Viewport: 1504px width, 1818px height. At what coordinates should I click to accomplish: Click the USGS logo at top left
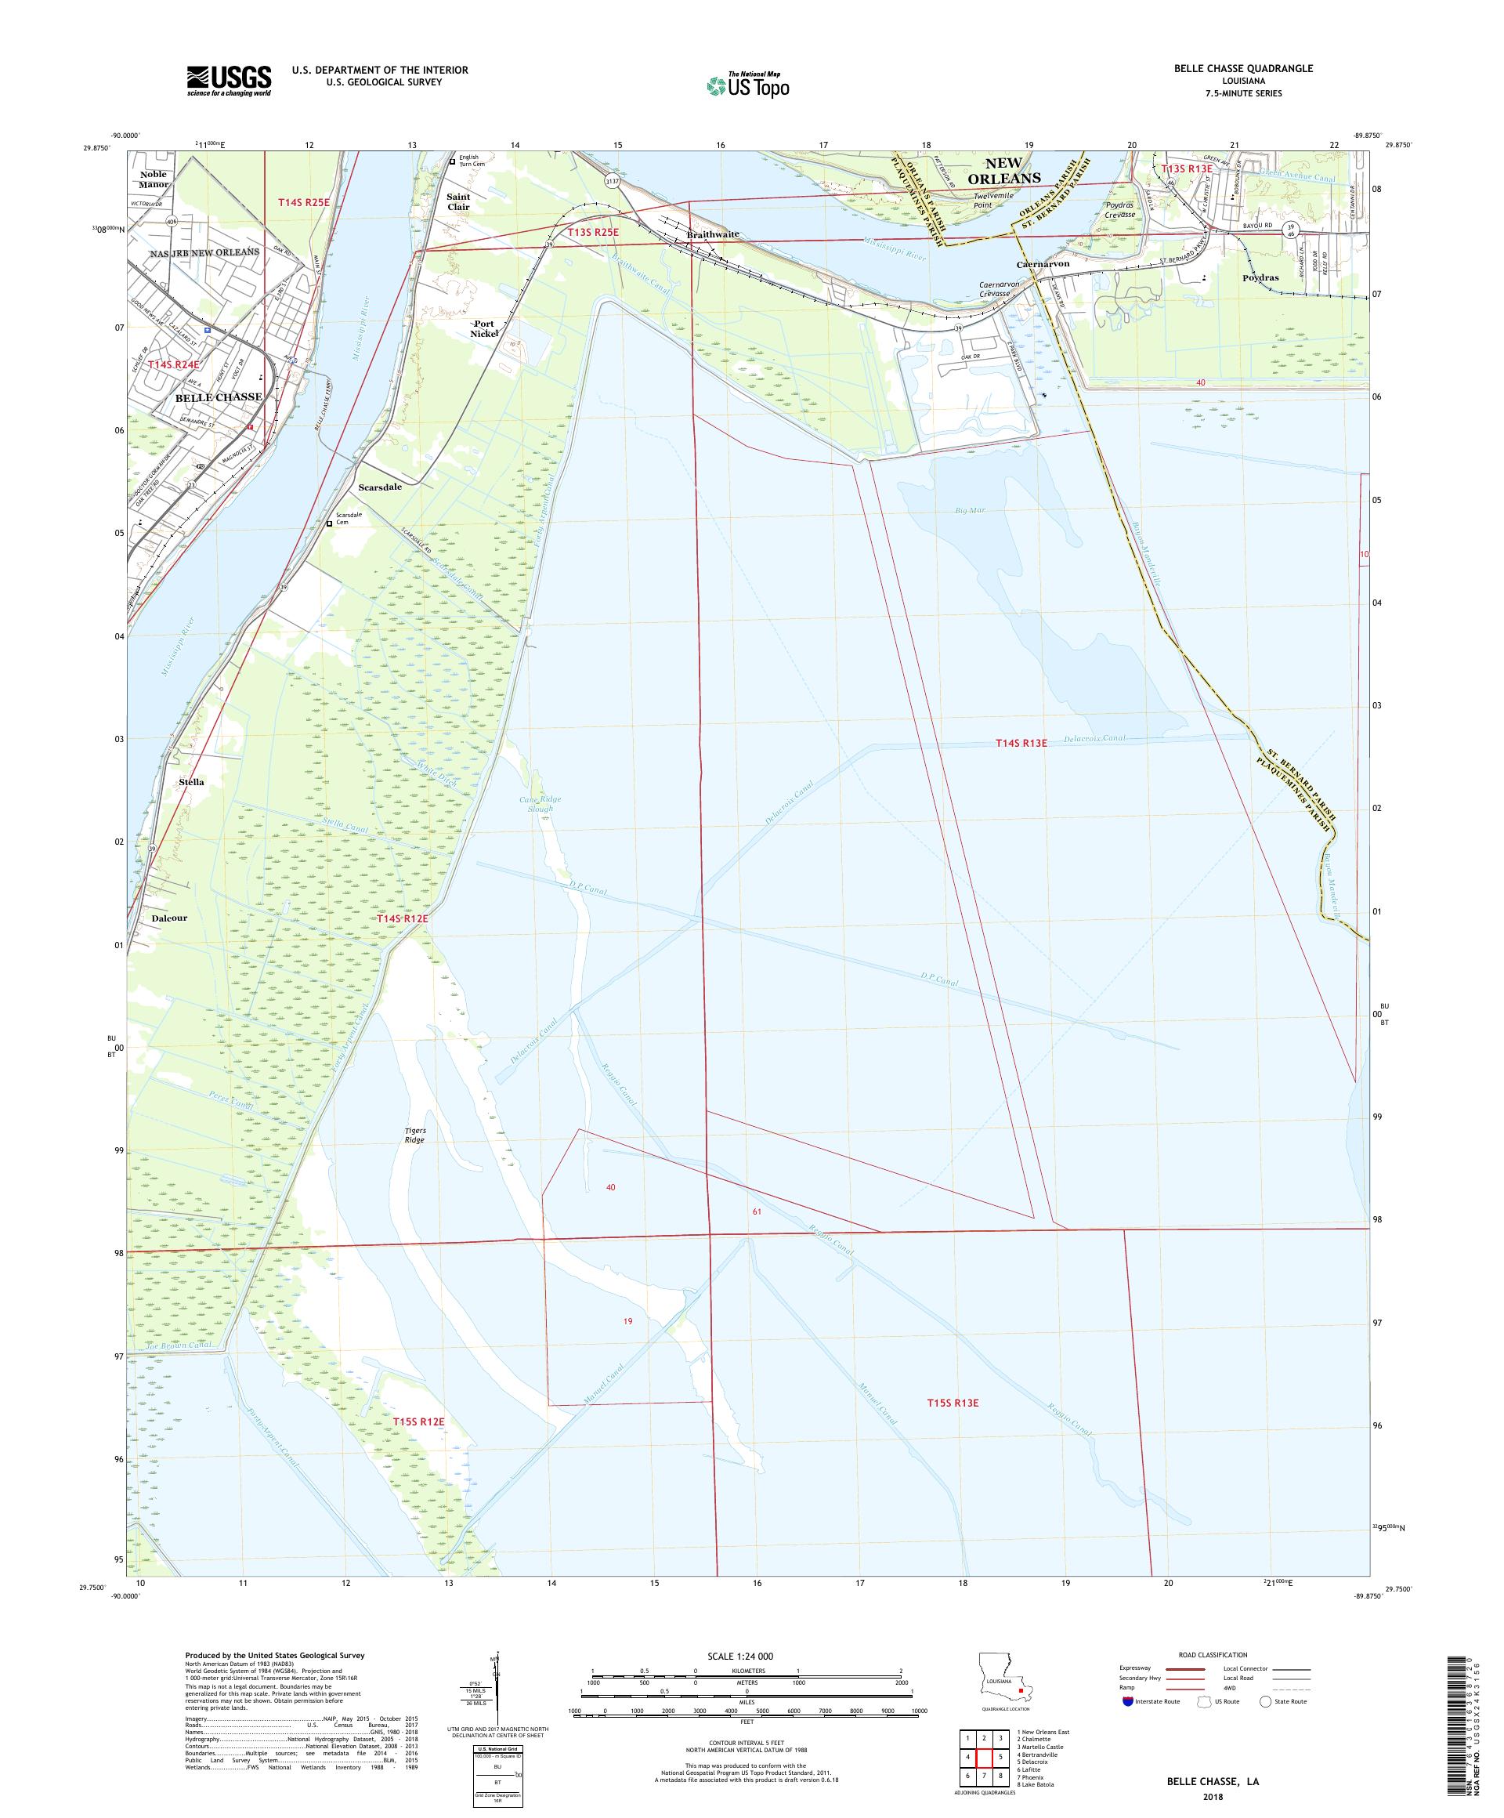pyautogui.click(x=229, y=81)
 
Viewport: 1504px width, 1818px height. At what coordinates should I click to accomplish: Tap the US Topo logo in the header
pyautogui.click(x=749, y=85)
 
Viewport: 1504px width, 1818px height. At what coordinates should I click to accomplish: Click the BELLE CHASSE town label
pyautogui.click(x=218, y=397)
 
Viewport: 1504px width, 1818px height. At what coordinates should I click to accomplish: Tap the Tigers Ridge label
pyautogui.click(x=414, y=1135)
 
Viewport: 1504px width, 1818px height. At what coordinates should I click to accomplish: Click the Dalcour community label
pyautogui.click(x=168, y=918)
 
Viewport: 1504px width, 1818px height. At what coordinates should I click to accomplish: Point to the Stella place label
pyautogui.click(x=191, y=783)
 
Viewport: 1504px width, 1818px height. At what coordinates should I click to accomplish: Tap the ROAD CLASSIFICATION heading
pyautogui.click(x=1215, y=1654)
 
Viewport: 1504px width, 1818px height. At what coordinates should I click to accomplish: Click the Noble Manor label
pyautogui.click(x=154, y=179)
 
